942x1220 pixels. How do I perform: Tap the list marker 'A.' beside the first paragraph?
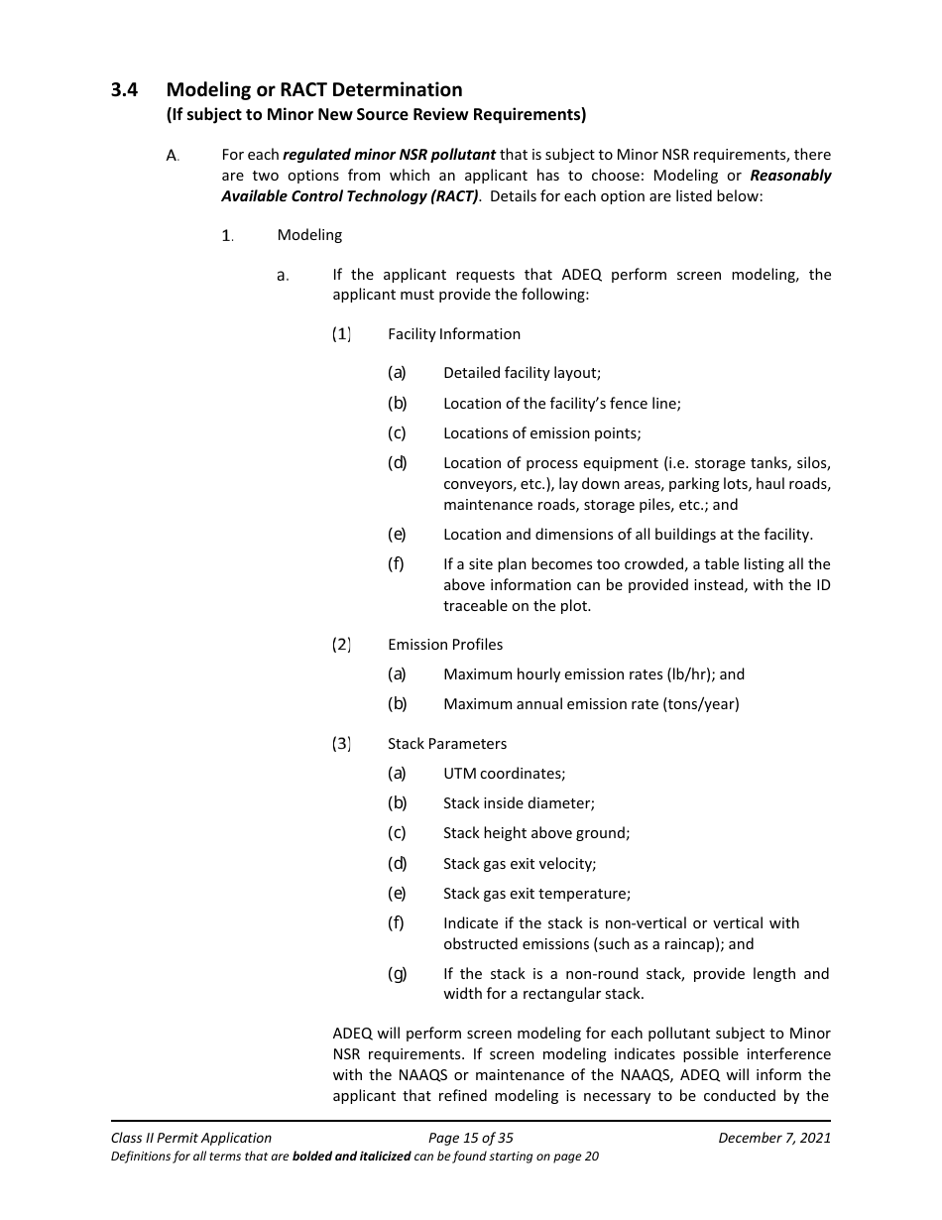coord(173,156)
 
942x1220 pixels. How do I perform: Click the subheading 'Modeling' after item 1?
coord(309,235)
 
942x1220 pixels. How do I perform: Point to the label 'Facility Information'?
coord(454,334)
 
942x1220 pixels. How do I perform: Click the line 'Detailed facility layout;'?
coord(522,373)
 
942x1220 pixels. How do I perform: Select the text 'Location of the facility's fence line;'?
coord(561,403)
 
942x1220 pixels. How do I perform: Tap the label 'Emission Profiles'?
coord(445,645)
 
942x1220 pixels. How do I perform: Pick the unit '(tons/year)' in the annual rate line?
coord(702,704)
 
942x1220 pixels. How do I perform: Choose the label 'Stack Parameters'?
coord(447,744)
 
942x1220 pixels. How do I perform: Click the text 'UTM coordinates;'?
coord(504,774)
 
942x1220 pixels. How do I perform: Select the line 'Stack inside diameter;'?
coord(519,803)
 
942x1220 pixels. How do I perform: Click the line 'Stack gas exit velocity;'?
coord(520,864)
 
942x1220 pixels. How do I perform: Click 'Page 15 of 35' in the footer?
coord(470,1138)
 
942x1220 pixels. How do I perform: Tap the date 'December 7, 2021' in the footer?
coord(774,1138)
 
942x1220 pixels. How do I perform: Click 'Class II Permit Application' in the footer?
coord(191,1138)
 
